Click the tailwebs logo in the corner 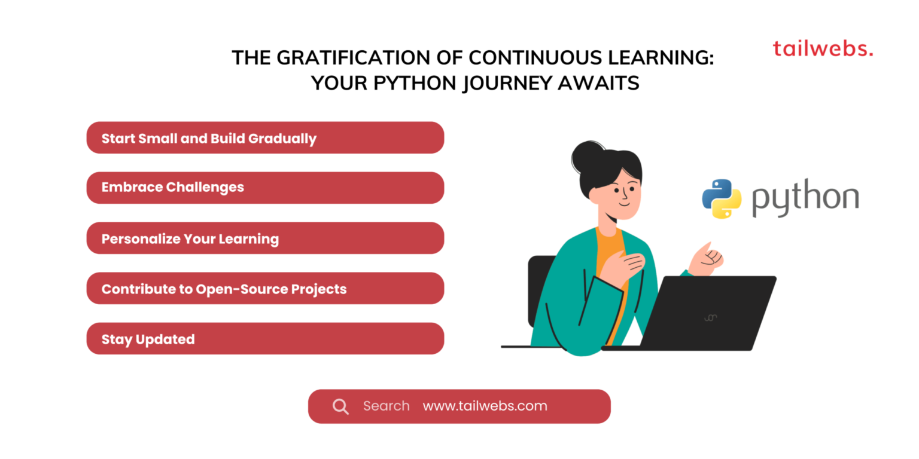click(x=823, y=48)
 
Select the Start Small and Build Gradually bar click(x=265, y=138)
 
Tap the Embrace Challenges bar click(x=265, y=188)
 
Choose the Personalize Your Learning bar click(x=265, y=238)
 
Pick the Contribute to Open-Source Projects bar click(x=265, y=289)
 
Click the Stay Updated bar click(x=265, y=339)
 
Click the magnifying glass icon click(x=340, y=407)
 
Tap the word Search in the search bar click(x=386, y=406)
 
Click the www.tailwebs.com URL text click(x=485, y=406)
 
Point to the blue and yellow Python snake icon click(x=722, y=198)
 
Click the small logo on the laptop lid click(x=710, y=317)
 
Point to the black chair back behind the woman click(x=540, y=287)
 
